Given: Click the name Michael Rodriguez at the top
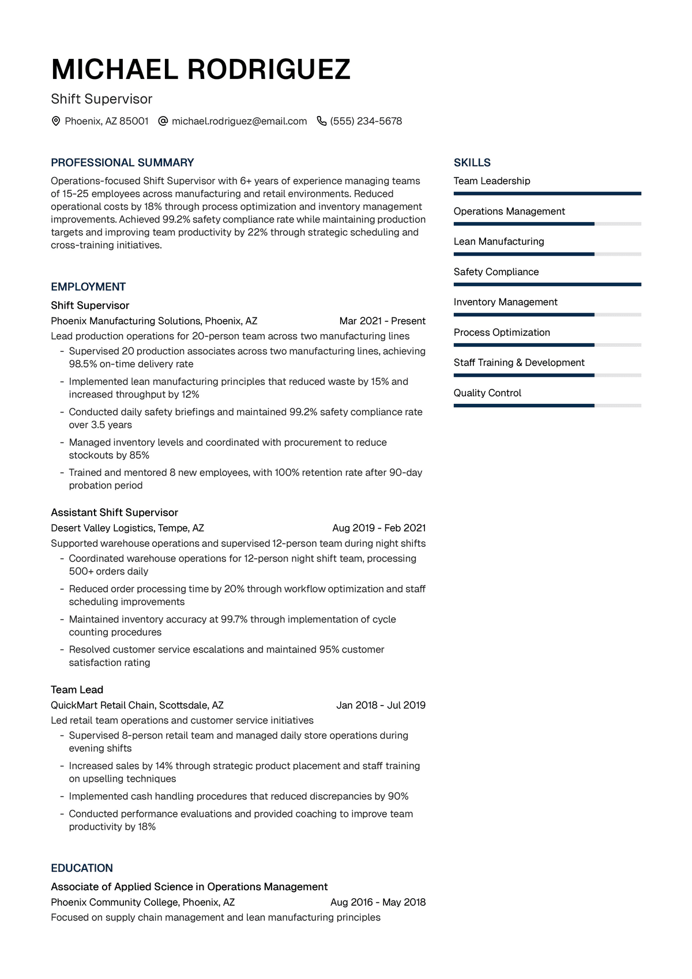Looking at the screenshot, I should (x=201, y=70).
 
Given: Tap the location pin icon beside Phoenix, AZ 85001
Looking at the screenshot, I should (x=56, y=121).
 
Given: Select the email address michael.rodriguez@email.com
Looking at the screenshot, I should (x=239, y=121).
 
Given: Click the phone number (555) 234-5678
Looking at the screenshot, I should (x=366, y=121).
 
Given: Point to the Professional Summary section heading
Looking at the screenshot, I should (x=122, y=163).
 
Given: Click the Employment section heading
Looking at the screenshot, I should (x=88, y=287).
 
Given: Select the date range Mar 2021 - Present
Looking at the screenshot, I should (x=382, y=321).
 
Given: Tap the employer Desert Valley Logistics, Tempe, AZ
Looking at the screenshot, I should (x=127, y=528).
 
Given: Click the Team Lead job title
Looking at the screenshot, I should (x=77, y=689).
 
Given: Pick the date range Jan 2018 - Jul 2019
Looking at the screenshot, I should (x=381, y=705).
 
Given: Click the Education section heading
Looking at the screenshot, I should (x=82, y=868).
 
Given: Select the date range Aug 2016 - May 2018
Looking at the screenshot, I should (x=378, y=902).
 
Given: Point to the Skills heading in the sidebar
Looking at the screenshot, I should (x=472, y=163).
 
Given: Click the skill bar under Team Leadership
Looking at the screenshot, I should (x=547, y=193).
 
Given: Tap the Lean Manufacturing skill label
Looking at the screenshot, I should (x=498, y=241).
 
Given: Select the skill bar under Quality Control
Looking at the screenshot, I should (x=547, y=406).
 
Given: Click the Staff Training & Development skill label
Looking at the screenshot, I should (x=518, y=362).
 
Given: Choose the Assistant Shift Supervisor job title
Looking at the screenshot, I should (x=114, y=512).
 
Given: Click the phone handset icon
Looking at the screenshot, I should (x=322, y=121).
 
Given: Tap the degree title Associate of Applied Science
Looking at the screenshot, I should (x=189, y=887).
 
